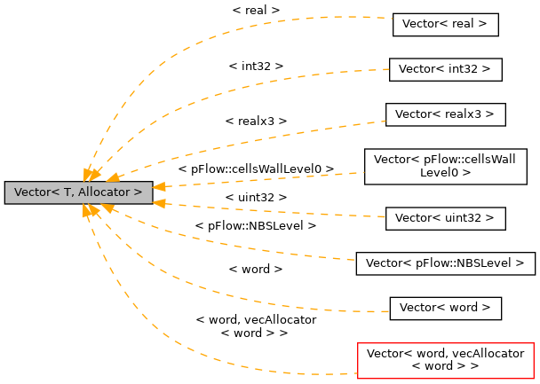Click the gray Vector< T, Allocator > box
78,192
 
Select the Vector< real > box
445,25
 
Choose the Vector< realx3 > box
445,114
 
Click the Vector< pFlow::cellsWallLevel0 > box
445,166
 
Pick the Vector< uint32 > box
445,217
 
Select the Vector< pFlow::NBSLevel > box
445,263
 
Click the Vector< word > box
445,308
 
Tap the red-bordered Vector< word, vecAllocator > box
445,359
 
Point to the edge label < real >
256,10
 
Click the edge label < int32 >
256,66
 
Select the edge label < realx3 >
256,120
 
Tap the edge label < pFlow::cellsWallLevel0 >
256,168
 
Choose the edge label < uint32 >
256,197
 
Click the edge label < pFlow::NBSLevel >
256,226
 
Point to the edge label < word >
256,268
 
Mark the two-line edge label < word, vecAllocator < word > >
255,326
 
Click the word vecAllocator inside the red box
487,353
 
